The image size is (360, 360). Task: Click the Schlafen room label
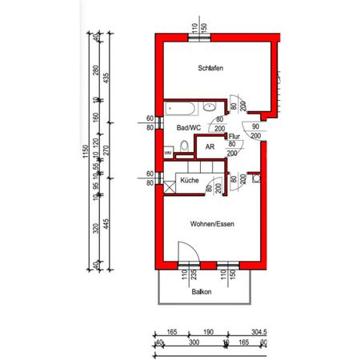(210, 69)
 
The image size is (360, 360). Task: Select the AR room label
(210, 147)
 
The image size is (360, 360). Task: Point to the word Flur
(234, 137)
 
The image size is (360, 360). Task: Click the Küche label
(190, 181)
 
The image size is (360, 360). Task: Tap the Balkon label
(202, 292)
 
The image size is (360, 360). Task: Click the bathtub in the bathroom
(182, 107)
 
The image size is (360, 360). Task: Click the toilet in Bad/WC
(184, 146)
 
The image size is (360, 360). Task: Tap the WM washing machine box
(168, 152)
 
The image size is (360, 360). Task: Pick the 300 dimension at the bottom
(192, 342)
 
